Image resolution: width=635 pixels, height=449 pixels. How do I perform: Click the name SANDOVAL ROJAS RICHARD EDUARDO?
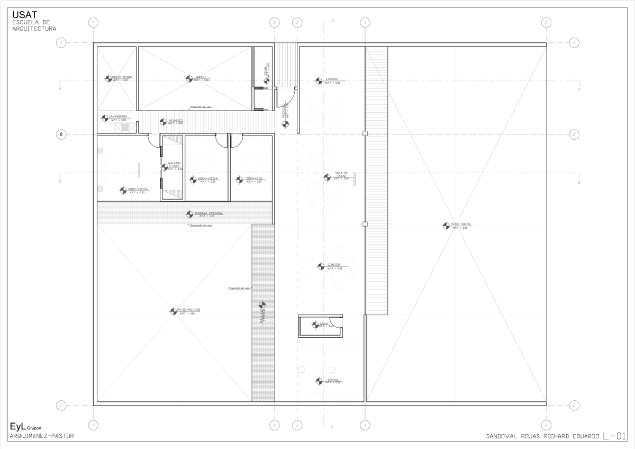tap(542, 437)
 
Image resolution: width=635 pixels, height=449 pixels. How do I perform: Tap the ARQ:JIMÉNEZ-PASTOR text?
tap(42, 436)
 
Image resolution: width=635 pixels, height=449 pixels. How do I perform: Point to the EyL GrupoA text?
tap(25, 426)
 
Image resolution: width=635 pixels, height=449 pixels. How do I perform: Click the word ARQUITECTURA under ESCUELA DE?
tap(34, 29)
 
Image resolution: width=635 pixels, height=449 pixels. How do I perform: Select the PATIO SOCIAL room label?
tap(461, 224)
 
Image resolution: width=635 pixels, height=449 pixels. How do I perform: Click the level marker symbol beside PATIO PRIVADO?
tap(173, 311)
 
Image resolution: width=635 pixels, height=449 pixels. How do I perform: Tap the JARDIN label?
tap(200, 77)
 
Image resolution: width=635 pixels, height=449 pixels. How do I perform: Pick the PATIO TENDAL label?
tap(122, 77)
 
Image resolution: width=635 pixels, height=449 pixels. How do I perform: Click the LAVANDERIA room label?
tap(118, 116)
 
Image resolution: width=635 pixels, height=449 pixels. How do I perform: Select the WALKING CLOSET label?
tap(174, 165)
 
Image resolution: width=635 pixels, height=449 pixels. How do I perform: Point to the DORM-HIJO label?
tap(253, 178)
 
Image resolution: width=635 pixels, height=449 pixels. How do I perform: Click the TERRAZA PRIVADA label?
tap(208, 213)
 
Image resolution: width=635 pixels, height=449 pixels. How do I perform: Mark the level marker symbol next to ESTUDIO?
tap(318, 80)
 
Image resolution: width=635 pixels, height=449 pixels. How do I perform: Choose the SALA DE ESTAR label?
tap(341, 174)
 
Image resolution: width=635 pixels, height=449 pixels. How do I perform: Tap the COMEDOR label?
tap(333, 265)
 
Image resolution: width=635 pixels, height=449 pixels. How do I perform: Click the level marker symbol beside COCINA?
tap(319, 381)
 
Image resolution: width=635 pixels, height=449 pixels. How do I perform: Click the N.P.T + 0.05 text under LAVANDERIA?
tap(119, 121)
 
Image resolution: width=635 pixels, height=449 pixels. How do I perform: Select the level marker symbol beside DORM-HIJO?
tap(239, 180)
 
